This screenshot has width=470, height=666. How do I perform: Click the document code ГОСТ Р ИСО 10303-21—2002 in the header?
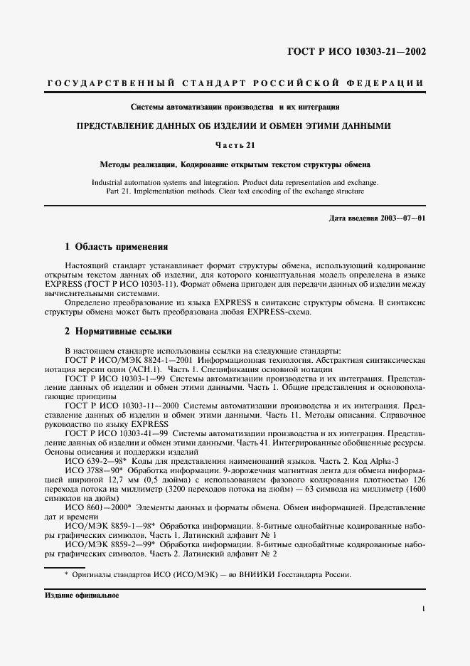click(355, 52)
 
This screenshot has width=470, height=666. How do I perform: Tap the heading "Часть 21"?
click(235, 145)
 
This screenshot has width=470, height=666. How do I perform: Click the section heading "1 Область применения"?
click(117, 247)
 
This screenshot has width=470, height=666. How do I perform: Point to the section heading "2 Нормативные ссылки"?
click(118, 332)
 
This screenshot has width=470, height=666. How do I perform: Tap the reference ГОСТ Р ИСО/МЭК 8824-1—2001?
click(121, 361)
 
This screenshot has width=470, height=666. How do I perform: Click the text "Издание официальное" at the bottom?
click(84, 595)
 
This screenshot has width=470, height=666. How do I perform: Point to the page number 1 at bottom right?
click(423, 608)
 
